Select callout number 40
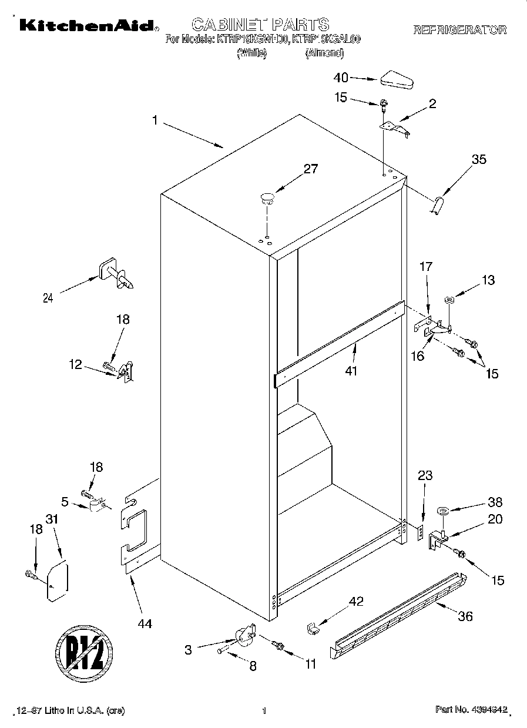341,78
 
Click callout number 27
310,170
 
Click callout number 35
479,159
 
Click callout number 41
352,371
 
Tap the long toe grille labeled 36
400,615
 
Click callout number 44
145,624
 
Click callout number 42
356,602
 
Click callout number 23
425,477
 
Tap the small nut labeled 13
449,301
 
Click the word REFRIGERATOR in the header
459,30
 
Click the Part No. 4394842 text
471,710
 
